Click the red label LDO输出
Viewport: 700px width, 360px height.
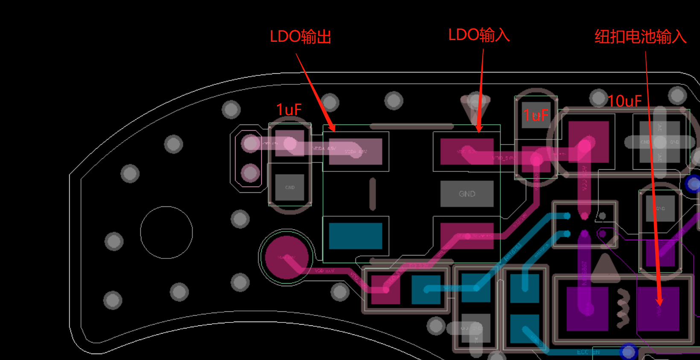point(300,37)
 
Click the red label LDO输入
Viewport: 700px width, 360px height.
point(479,35)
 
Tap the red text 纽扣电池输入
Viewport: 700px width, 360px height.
point(640,37)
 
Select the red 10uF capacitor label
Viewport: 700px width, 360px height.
point(624,101)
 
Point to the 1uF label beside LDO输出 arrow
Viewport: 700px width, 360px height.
point(289,110)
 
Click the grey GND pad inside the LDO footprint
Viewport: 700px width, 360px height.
point(467,194)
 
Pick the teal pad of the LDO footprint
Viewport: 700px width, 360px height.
point(355,235)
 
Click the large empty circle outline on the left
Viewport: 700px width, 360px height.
point(166,232)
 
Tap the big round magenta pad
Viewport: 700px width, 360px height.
point(286,257)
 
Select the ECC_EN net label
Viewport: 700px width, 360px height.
point(588,352)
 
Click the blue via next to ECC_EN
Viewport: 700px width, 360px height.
point(628,352)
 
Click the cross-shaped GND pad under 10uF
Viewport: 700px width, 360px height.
point(659,142)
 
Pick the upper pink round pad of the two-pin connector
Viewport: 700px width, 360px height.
point(250,143)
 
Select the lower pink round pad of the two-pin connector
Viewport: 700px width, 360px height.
point(250,173)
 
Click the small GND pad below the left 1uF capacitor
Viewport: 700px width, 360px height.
point(290,187)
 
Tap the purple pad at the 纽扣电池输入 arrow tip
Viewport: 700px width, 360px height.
point(658,308)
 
